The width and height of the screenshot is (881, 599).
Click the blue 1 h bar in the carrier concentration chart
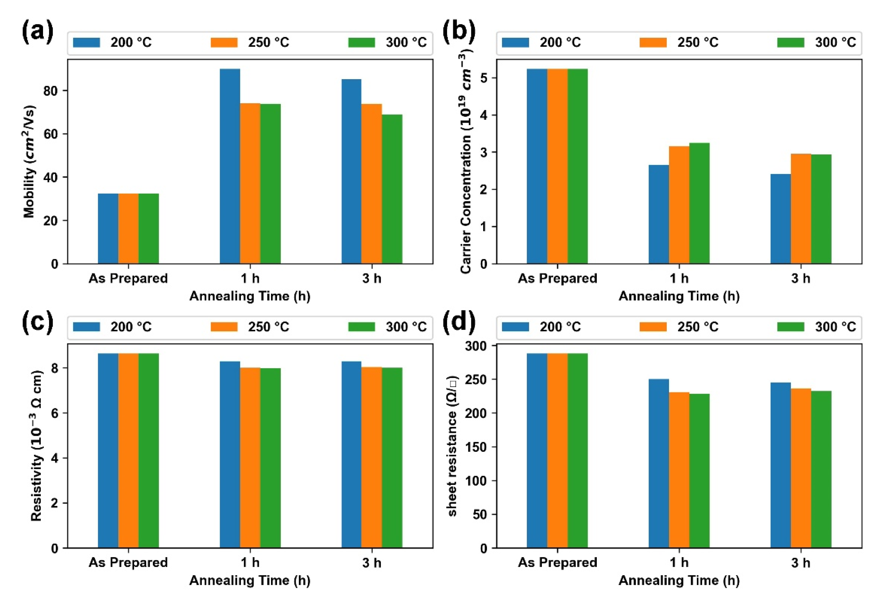coord(659,214)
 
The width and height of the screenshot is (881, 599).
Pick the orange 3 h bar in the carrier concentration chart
coord(801,208)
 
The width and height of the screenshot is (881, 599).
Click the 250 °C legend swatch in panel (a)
coord(224,42)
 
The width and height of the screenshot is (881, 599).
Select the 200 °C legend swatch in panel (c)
coord(87,326)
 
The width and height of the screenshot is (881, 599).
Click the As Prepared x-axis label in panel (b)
coord(557,278)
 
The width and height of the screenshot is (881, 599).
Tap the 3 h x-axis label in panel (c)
coord(372,563)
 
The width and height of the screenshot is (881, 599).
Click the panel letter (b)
coord(459,31)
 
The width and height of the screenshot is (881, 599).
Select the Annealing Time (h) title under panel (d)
coord(679,581)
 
